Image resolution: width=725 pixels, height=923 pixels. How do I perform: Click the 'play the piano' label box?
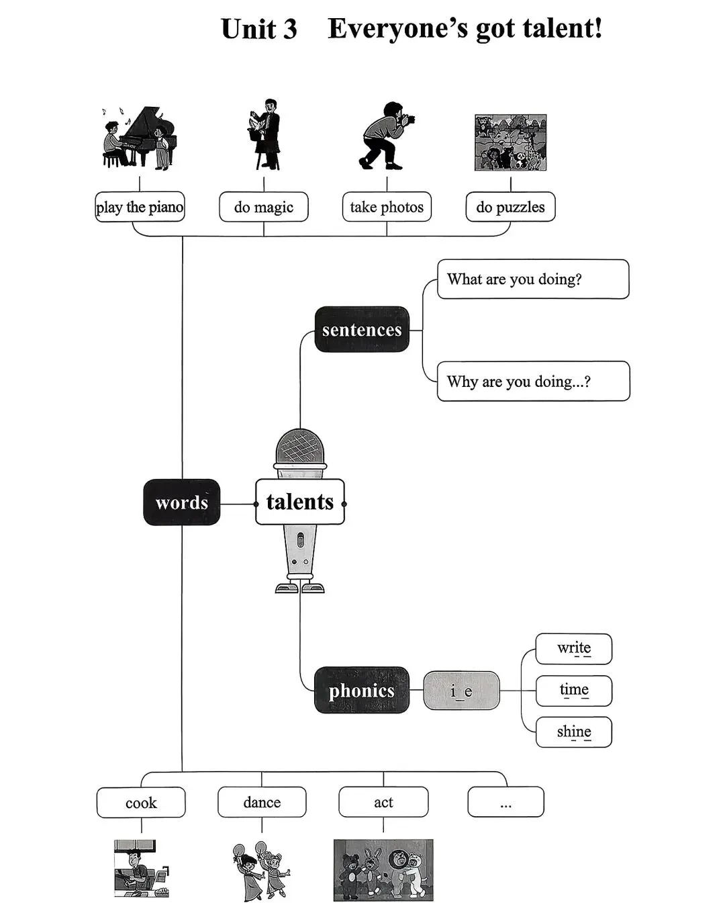click(x=140, y=207)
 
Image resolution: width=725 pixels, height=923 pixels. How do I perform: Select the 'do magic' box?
click(x=264, y=207)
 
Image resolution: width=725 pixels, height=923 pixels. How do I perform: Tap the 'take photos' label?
click(x=387, y=207)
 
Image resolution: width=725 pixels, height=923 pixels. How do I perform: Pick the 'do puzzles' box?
click(x=510, y=207)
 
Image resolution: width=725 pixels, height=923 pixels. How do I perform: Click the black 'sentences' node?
click(x=362, y=330)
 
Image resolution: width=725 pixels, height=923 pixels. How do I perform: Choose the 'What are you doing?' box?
click(x=533, y=279)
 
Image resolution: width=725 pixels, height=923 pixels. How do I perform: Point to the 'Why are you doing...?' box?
click(x=534, y=381)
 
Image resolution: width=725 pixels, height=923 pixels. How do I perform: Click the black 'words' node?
click(x=182, y=502)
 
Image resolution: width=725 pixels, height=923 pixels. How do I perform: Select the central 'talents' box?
click(x=300, y=502)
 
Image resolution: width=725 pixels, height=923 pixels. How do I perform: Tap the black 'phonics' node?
click(x=362, y=690)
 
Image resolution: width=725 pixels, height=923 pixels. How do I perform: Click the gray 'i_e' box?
click(x=461, y=691)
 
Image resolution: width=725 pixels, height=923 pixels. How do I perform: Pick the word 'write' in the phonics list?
click(x=574, y=648)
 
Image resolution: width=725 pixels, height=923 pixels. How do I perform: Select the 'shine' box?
click(x=574, y=732)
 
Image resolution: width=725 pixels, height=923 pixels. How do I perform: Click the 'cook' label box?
click(x=141, y=802)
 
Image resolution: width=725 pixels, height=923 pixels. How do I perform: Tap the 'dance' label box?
click(x=262, y=802)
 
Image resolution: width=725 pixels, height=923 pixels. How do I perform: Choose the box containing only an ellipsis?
click(x=505, y=802)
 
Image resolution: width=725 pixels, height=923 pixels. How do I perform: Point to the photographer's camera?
click(x=408, y=119)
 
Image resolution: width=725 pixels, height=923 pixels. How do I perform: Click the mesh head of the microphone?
click(x=300, y=446)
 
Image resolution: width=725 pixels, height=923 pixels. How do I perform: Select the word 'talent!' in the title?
click(x=563, y=29)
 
